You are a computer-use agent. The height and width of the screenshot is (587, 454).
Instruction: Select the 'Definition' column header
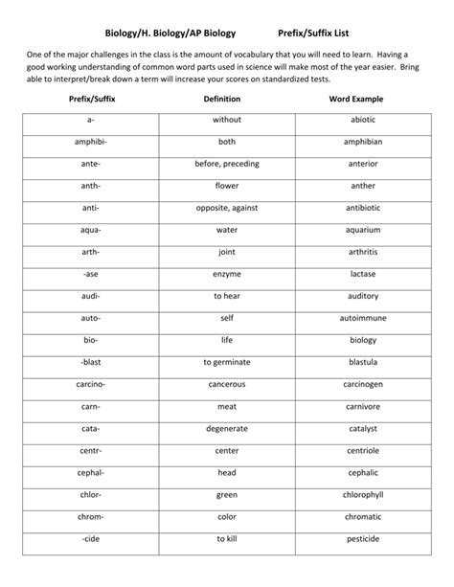coord(227,99)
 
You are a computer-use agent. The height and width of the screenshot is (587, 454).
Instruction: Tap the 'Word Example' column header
coord(363,99)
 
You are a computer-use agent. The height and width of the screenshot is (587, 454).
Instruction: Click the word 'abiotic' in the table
coord(363,121)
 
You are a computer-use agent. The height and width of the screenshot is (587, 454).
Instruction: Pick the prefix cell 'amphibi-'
coord(91,142)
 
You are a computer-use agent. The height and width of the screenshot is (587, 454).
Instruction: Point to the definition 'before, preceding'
coord(227,164)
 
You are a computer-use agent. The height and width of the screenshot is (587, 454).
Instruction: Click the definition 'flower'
coord(227,186)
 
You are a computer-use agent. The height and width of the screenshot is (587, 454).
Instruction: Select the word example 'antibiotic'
coord(363,208)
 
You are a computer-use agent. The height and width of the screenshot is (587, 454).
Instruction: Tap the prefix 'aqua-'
coord(91,230)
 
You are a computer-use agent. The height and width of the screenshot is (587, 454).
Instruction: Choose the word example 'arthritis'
coord(363,252)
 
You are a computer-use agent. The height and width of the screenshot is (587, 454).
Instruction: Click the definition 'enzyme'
coord(227,274)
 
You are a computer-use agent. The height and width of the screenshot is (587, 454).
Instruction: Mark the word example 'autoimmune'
coord(363,318)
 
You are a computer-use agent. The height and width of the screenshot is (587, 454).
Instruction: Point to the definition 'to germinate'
coord(227,362)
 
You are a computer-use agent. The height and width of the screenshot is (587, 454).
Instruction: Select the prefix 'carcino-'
coord(91,384)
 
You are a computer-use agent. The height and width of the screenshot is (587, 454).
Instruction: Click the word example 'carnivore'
coord(363,406)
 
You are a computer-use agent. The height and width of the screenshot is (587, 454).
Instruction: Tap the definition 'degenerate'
coord(227,428)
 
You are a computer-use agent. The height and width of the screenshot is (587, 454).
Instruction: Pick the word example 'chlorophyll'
coord(363,494)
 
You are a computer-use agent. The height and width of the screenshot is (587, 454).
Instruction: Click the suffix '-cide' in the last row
coord(91,538)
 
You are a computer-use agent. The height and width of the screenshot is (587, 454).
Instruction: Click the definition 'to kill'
coord(227,538)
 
